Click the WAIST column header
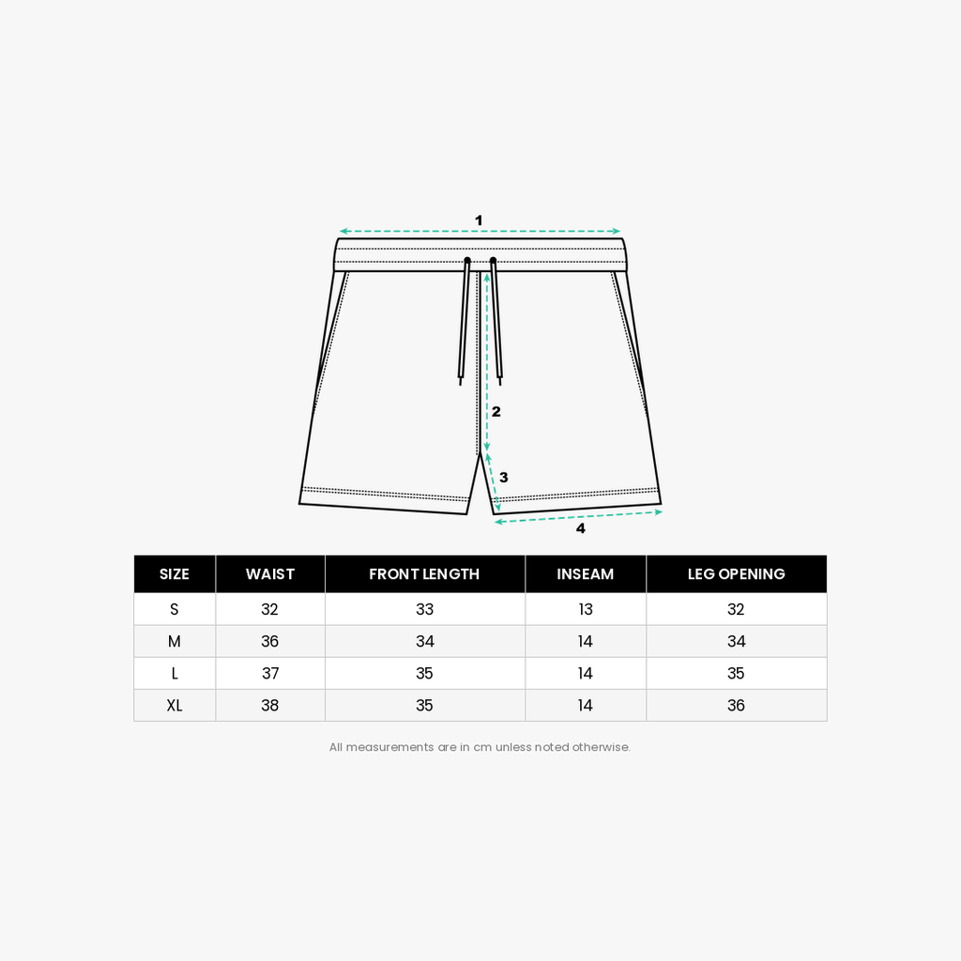(269, 574)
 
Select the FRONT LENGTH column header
(424, 574)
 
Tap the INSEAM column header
(586, 574)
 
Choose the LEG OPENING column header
(736, 574)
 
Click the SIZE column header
(174, 574)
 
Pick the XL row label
(174, 706)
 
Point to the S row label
(174, 609)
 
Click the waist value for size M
(269, 641)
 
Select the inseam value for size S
(586, 609)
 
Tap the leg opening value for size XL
(736, 706)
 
